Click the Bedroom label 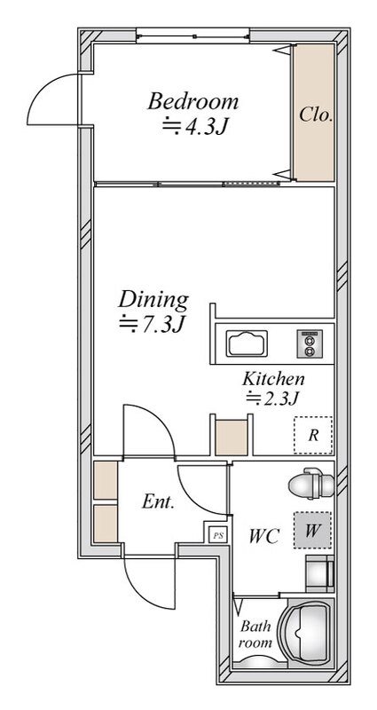tap(192, 101)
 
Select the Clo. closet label tap(316, 114)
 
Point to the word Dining tap(153, 300)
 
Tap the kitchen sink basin tap(247, 343)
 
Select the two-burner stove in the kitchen tap(310, 343)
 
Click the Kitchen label tap(273, 378)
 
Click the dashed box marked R tap(313, 435)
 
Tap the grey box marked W tap(312, 530)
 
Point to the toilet tap(311, 484)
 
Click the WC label tap(263, 537)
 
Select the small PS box tap(217, 536)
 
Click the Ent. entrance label tap(158, 501)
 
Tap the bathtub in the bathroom tap(306, 633)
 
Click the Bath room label tap(255, 635)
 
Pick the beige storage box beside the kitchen tap(232, 438)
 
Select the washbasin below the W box tap(320, 573)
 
